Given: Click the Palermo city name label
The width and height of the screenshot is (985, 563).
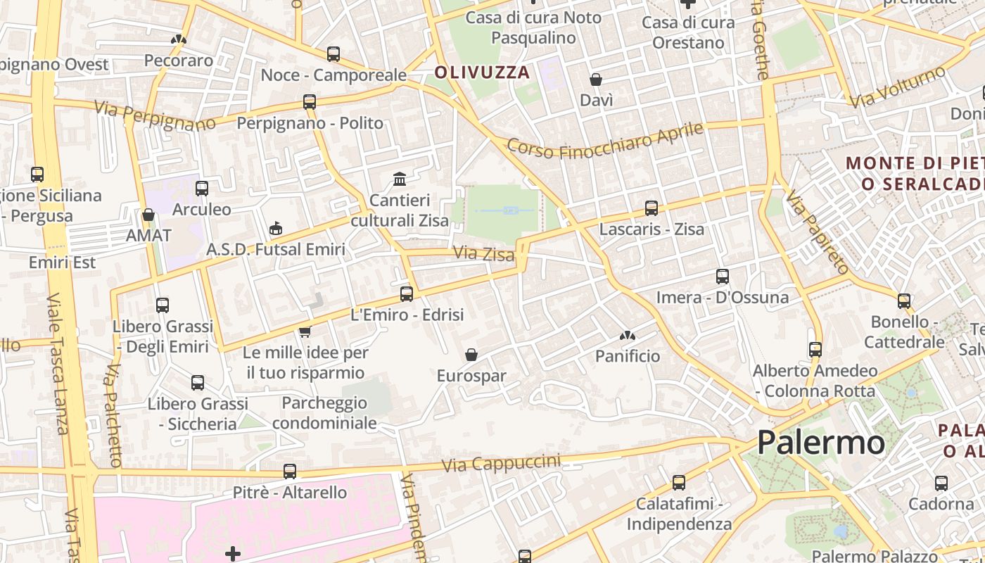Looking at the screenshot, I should [x=820, y=443].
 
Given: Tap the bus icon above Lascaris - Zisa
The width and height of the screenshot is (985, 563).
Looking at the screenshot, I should [x=652, y=208].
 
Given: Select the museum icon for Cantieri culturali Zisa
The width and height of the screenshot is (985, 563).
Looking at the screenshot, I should [x=400, y=179].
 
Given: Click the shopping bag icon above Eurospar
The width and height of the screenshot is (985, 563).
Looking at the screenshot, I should [x=471, y=355].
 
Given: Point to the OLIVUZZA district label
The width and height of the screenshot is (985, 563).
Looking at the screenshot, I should [x=481, y=72].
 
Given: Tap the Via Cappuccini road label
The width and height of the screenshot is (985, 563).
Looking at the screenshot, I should [x=501, y=463].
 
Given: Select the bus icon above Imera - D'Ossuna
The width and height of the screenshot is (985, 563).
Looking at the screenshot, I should [x=722, y=277].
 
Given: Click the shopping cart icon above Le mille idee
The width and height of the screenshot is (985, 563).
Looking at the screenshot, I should [x=305, y=331].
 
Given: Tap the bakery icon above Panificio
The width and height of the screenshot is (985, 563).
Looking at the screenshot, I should [x=628, y=336].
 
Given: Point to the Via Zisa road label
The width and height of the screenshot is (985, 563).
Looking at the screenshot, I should [x=484, y=253].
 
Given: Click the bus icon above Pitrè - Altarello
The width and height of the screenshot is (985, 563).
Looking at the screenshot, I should [x=290, y=472].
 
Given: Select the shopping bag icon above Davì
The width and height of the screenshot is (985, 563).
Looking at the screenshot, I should [x=596, y=80].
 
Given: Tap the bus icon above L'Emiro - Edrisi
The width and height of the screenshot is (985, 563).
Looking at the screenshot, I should [x=407, y=294].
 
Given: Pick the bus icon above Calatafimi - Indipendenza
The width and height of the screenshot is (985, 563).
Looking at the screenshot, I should [x=679, y=483].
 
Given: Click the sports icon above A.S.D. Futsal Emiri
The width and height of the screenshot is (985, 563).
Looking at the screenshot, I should [x=276, y=228].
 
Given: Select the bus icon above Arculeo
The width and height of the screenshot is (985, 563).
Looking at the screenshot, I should [x=202, y=189].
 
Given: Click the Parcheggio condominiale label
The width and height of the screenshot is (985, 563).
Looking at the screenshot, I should [x=324, y=413].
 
